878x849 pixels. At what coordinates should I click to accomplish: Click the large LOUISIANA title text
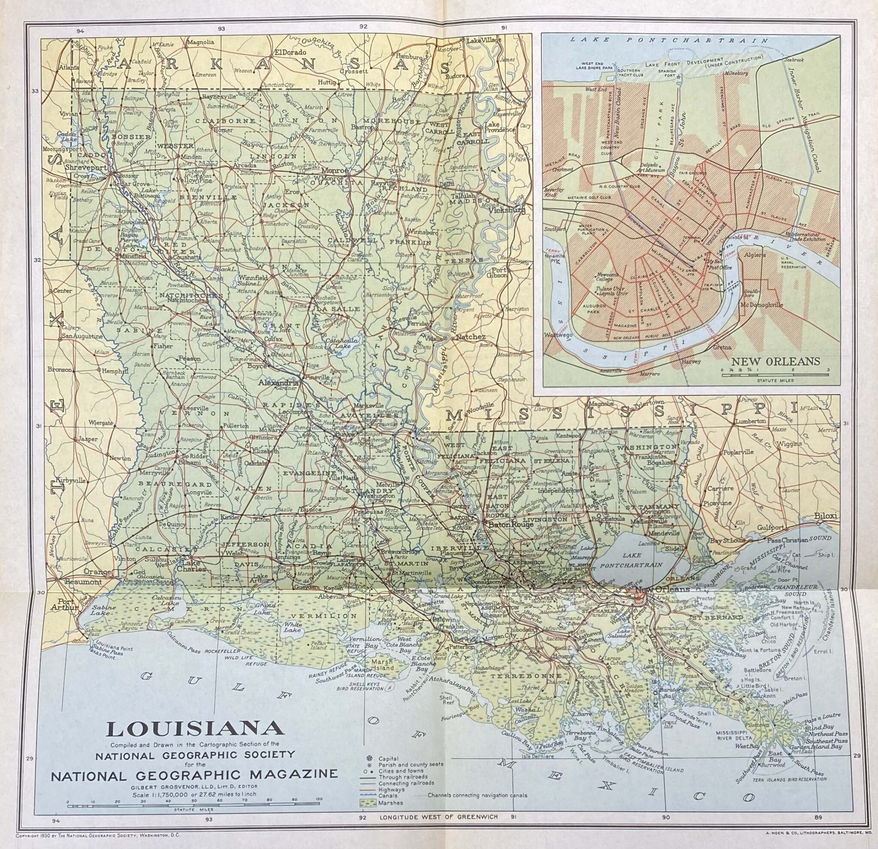point(196,729)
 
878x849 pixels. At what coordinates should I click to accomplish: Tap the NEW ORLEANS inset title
point(776,361)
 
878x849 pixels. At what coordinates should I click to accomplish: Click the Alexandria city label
point(278,383)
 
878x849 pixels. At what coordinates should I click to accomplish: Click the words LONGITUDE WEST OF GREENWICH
point(439,817)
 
